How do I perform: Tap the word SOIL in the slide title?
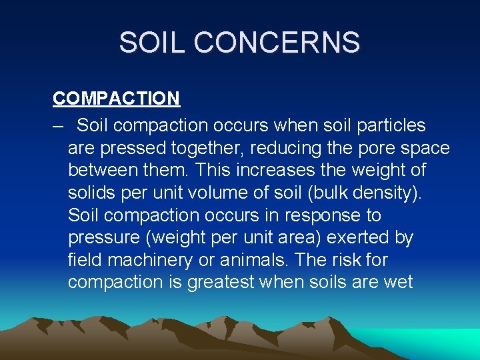151,43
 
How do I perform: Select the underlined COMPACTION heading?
116,99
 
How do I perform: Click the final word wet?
399,283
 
